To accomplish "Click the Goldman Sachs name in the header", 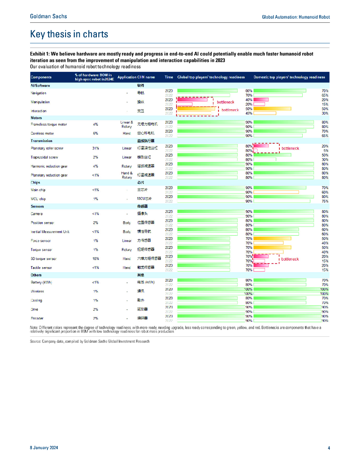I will (x=48, y=16).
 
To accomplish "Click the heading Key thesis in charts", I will (x=69, y=34).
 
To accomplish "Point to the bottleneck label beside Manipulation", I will (x=225, y=102).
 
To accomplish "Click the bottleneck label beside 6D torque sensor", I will (x=290, y=258).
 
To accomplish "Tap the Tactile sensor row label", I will (x=41, y=268).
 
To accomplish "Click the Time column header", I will (x=169, y=77).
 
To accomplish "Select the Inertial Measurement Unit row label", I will (x=50, y=231).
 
